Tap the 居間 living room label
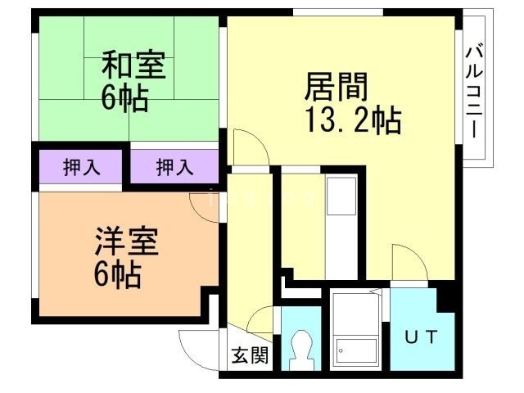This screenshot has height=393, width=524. [335, 84]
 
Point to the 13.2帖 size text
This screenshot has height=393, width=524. [353, 121]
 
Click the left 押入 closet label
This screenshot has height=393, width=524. [81, 168]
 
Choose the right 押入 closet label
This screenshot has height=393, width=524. [174, 168]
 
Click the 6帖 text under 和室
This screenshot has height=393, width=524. [124, 98]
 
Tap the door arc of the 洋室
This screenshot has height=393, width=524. [205, 205]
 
